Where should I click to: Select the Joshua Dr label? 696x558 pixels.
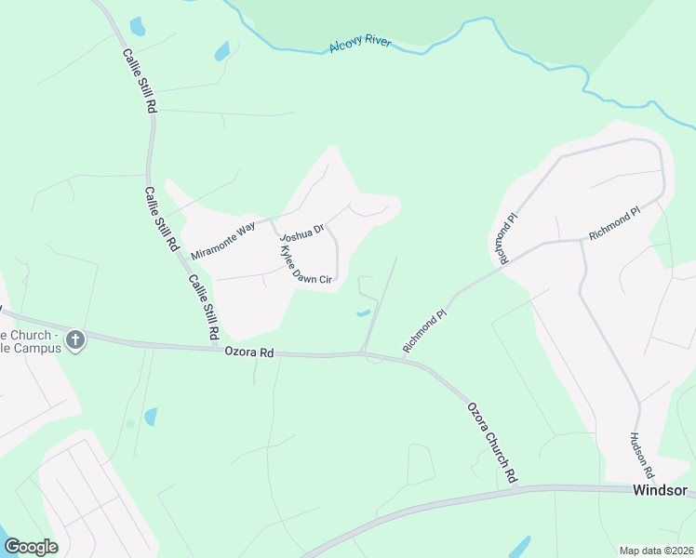(x=301, y=227)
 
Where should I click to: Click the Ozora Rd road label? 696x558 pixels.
(x=250, y=352)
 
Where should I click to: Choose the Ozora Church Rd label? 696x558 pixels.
(x=491, y=442)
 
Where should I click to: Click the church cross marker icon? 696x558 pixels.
(x=76, y=340)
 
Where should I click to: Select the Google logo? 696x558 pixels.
(x=31, y=547)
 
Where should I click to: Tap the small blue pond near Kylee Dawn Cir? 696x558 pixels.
(x=362, y=312)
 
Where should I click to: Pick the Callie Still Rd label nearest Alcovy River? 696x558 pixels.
(x=139, y=81)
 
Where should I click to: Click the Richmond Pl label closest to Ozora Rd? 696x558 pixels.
(x=425, y=331)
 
